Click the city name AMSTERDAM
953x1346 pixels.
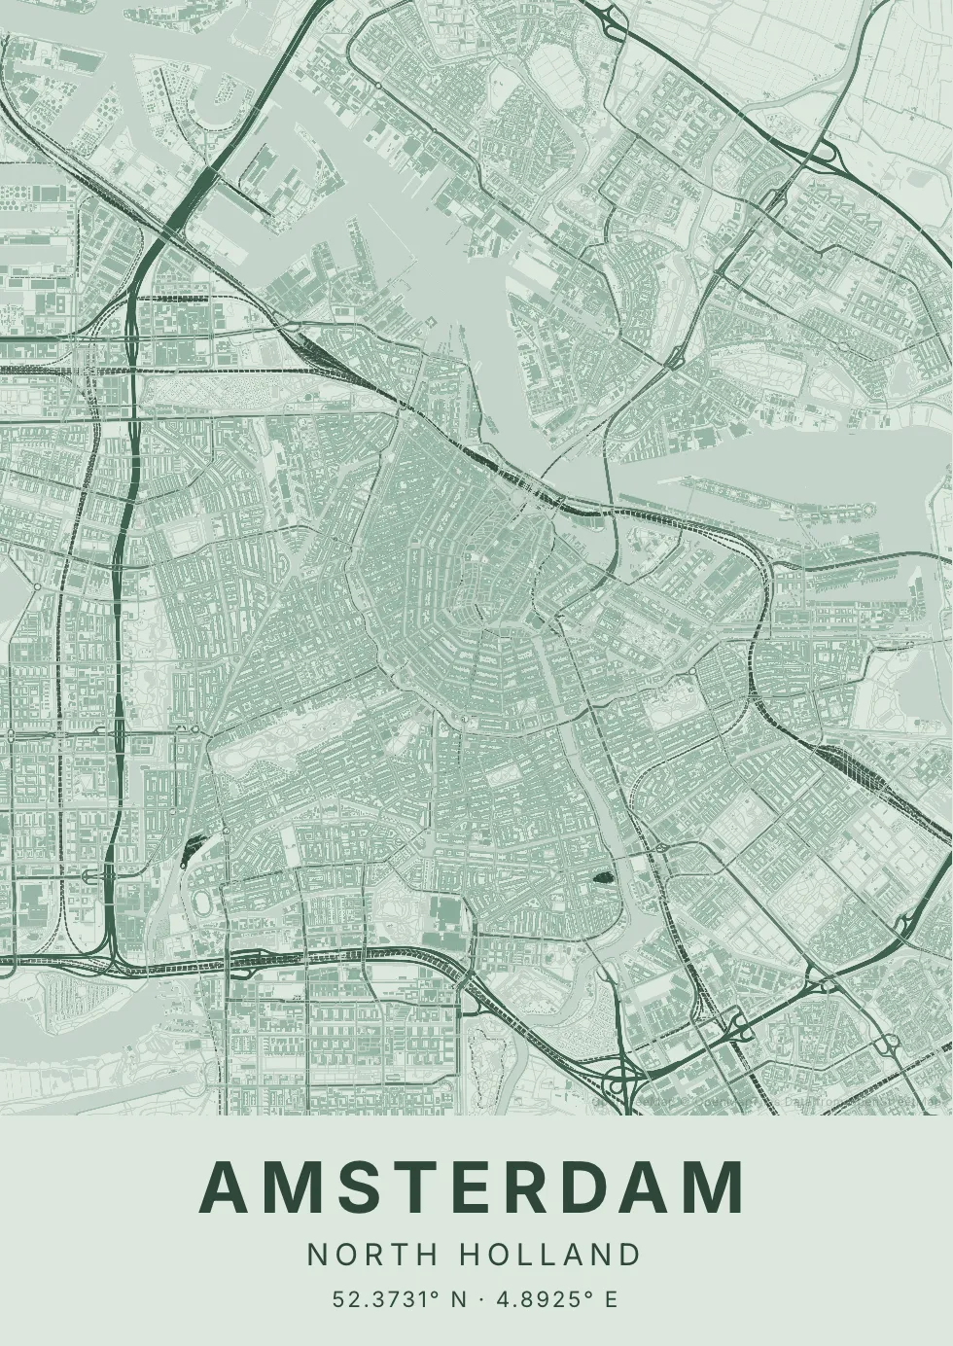click(473, 1188)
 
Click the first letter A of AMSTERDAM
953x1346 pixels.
click(223, 1188)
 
